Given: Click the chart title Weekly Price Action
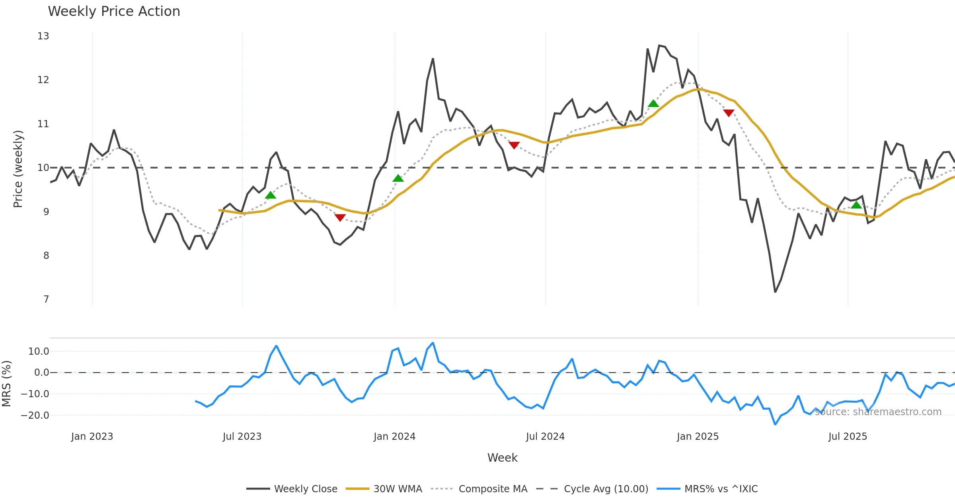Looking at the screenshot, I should coord(114,12).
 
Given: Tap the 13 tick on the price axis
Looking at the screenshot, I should coord(43,36).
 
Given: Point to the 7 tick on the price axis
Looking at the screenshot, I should coord(46,299).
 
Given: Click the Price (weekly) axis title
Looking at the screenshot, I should coord(18,169).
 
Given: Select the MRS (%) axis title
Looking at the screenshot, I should coord(6,384).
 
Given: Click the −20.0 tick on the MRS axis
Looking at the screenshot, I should coord(35,416).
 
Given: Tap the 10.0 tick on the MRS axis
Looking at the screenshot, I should coord(39,351).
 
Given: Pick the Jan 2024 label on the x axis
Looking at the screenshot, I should coord(394,437).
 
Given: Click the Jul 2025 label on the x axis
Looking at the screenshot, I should coord(848,437).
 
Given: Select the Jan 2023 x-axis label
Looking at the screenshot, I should coord(92,437).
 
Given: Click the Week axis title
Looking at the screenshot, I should coord(502,458).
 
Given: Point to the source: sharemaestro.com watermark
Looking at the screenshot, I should coord(878,412).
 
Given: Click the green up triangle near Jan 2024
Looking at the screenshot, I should coord(398,178).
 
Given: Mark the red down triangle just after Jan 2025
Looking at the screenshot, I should coord(729,113).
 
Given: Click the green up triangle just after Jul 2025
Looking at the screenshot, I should coord(856,205).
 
